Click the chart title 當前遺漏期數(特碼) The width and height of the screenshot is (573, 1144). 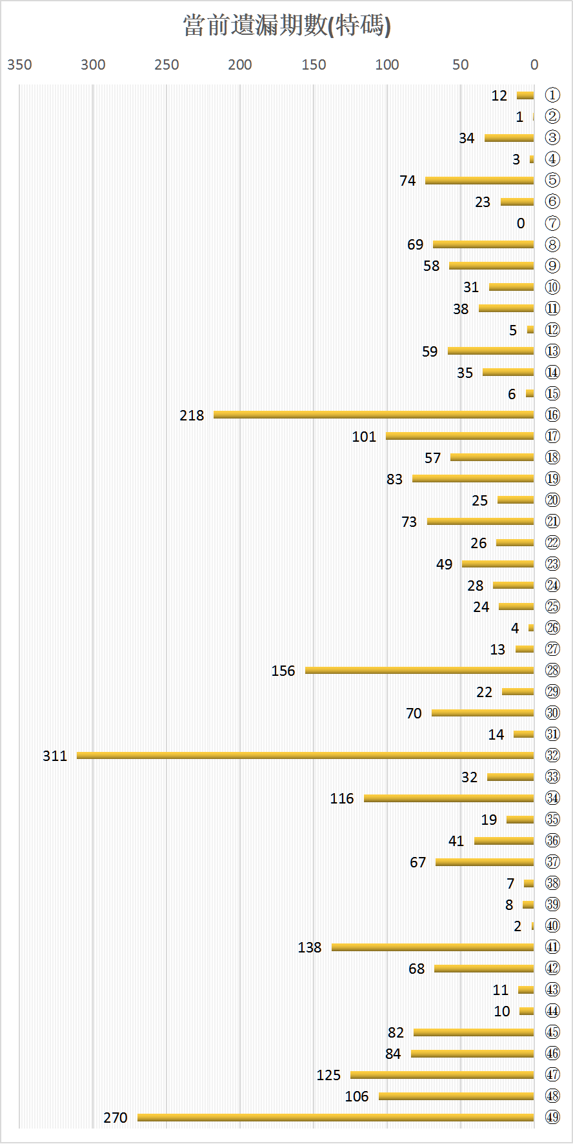pos(286,26)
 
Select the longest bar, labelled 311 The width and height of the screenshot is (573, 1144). pos(305,755)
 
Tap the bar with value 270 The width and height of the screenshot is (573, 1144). pos(336,1117)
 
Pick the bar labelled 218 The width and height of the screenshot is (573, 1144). pos(374,415)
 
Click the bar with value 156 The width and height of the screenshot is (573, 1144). pos(419,670)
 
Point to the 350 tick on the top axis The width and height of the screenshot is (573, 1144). pos(19,64)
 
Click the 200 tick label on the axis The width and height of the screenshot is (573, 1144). pos(240,64)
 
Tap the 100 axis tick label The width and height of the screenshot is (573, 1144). pos(387,64)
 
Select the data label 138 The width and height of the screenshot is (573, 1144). pos(310,947)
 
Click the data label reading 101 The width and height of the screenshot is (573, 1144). pos(364,437)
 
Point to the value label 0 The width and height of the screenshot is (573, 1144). pos(521,223)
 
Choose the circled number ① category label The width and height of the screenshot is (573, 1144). pos(552,95)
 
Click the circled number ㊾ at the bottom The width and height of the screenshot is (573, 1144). pos(552,1117)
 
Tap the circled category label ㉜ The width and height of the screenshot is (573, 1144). pos(552,755)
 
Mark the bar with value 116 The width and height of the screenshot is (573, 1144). pos(448,798)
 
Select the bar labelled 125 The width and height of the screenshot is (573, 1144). pos(442,1074)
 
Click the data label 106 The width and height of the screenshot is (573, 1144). pos(357,1096)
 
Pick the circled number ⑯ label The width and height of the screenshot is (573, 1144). pos(552,415)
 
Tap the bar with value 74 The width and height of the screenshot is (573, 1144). pos(479,181)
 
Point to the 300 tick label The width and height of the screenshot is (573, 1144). pos(93,64)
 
